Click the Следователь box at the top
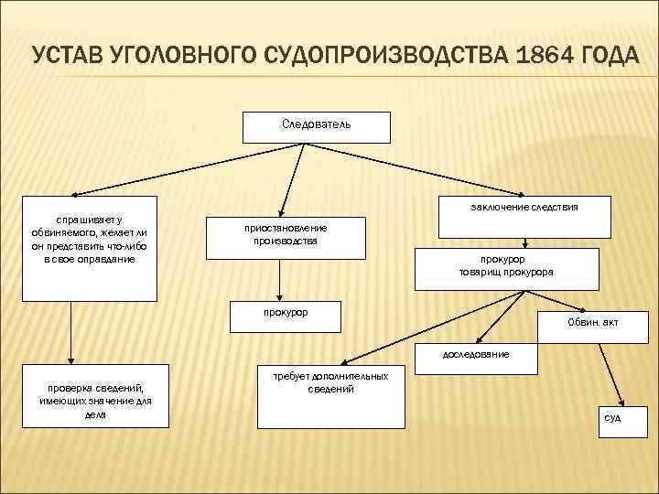316,126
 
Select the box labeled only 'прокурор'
285,315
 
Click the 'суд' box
611,417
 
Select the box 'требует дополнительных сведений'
329,399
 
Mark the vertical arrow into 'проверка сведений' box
71,334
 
